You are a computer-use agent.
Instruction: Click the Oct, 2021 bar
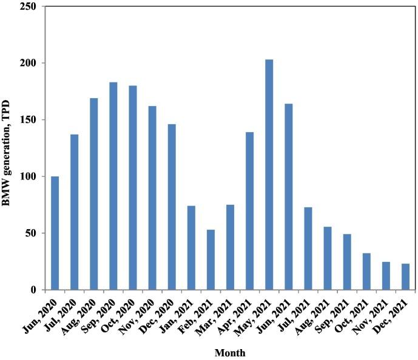point(366,271)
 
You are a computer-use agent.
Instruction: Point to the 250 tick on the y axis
point(32,7)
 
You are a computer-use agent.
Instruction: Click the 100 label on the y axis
point(32,176)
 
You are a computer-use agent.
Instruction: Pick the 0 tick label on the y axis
point(38,290)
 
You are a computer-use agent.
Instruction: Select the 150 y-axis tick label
point(32,120)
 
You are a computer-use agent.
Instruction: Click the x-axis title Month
point(229,351)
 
